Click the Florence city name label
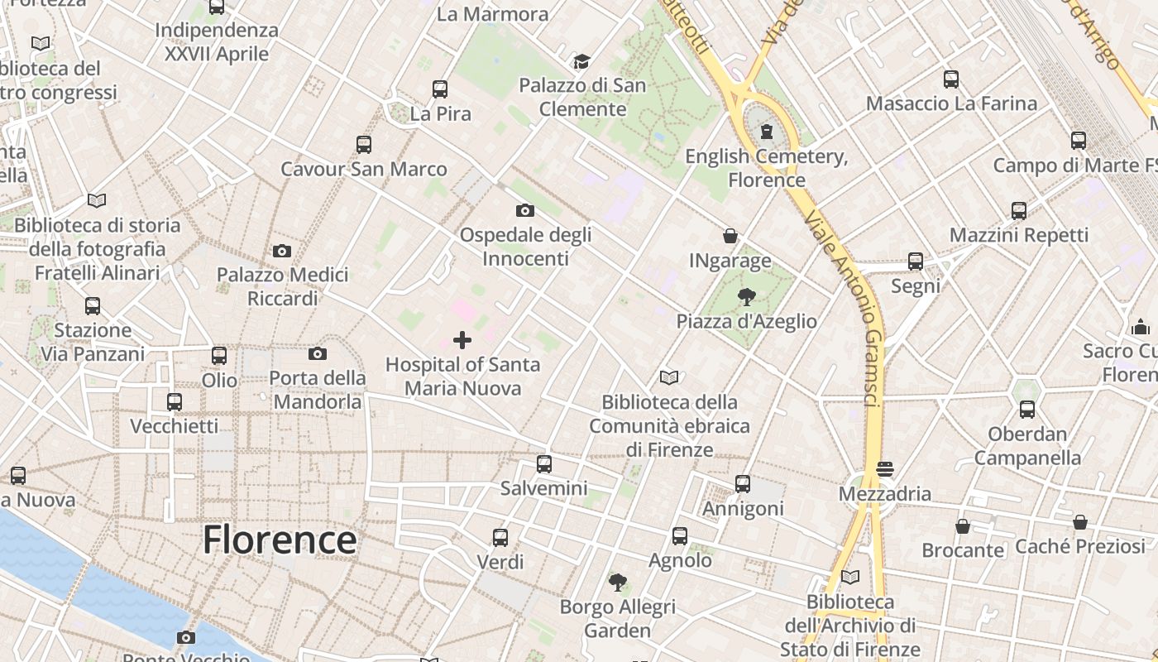280,540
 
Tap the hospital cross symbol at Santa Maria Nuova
462,340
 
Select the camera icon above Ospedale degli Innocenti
525,210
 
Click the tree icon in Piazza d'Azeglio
746,297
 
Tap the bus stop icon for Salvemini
544,464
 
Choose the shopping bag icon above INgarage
730,237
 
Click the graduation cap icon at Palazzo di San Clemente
582,61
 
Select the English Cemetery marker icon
767,132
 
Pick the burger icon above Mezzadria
885,470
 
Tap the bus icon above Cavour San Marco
364,145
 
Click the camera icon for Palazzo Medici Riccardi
282,251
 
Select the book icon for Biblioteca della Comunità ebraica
669,378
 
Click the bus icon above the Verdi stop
500,538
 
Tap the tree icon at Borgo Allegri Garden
617,583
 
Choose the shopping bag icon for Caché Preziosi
1080,522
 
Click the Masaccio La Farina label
951,103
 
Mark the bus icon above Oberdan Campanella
1027,410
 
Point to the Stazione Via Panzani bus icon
93,306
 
